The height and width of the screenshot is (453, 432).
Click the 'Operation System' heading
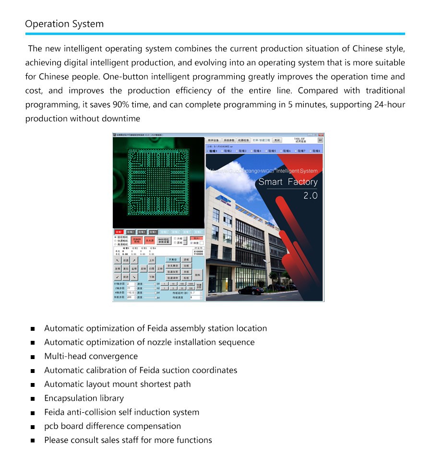[64, 24]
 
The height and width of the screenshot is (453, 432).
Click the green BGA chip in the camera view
[158, 182]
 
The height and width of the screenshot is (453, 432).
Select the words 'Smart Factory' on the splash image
[288, 182]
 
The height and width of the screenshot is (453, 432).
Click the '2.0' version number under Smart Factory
[310, 196]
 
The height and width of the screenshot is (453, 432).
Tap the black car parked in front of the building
[250, 290]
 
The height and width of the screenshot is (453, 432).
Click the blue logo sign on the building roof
[223, 199]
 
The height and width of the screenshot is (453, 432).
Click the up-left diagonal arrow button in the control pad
[118, 260]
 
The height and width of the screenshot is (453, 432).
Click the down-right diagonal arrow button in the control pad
[134, 277]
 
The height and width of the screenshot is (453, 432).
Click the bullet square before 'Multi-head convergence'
[33, 357]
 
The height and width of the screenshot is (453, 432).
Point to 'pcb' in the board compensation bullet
[51, 426]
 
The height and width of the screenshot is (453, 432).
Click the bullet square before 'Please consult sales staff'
[33, 441]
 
